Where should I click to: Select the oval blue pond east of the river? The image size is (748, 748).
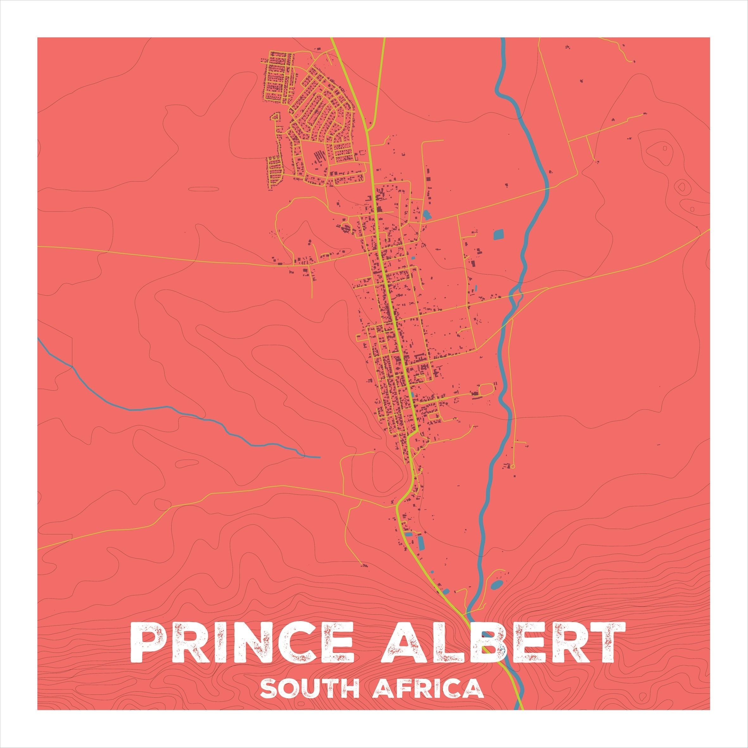tap(497, 585)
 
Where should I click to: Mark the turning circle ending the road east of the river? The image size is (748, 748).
tap(513, 466)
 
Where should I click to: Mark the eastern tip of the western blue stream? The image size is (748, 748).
tap(320, 457)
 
